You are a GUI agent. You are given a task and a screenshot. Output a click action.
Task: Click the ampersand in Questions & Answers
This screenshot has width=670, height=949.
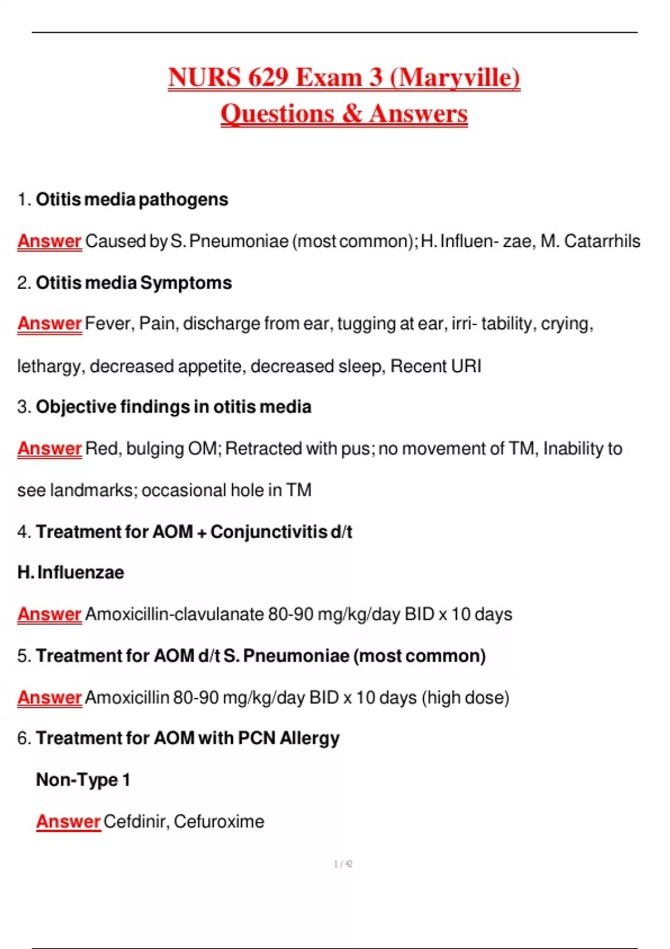click(352, 113)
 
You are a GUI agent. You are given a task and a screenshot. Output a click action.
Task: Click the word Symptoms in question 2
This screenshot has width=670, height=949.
click(186, 283)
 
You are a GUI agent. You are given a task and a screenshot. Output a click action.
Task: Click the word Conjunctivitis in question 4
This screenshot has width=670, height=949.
click(269, 532)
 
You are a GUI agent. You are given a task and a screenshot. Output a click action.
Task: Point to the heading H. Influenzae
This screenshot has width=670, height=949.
click(71, 573)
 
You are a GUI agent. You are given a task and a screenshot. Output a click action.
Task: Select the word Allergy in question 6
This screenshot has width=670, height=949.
click(309, 739)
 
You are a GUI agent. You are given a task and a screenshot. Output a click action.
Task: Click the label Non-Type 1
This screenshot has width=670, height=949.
click(83, 780)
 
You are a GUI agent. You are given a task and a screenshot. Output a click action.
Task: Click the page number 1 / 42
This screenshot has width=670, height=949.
click(343, 864)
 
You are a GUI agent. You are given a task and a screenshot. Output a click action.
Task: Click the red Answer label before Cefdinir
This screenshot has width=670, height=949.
click(68, 822)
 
